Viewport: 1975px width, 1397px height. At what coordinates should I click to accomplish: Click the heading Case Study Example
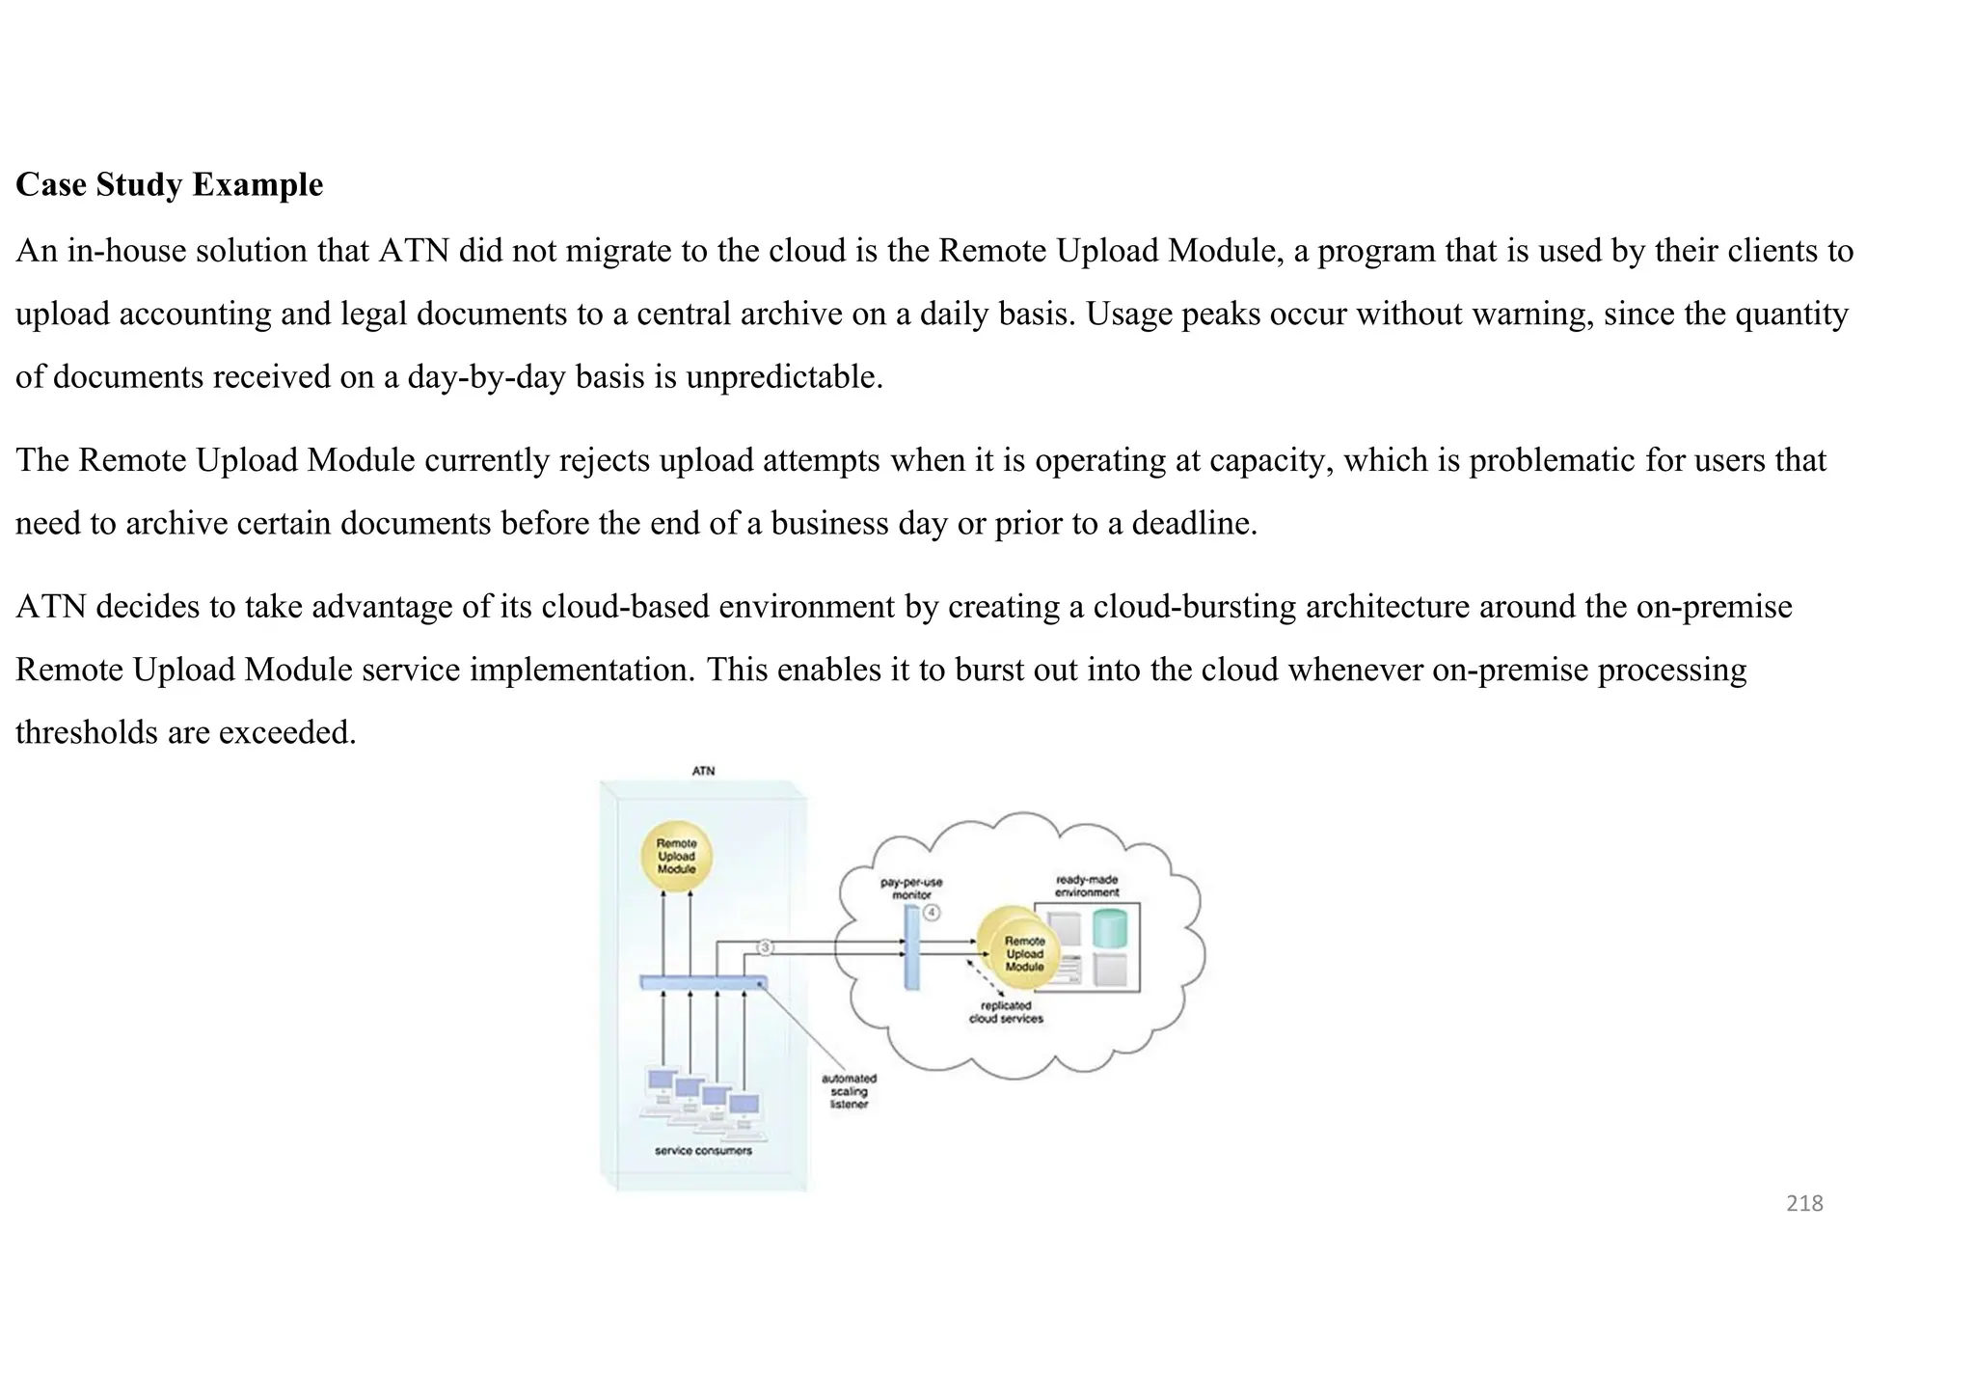tap(170, 184)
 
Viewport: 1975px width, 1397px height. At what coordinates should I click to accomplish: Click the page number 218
tap(1804, 1203)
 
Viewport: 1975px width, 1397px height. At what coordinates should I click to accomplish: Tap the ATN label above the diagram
tap(703, 771)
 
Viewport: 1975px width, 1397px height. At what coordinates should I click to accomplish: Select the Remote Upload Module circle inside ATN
tap(676, 856)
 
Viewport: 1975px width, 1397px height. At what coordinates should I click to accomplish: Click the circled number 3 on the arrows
tap(765, 947)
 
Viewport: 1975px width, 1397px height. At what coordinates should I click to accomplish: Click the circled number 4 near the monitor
tap(931, 912)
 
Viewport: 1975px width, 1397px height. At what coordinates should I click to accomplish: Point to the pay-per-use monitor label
tap(910, 888)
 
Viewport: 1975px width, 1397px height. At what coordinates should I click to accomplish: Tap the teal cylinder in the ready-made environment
tap(1110, 927)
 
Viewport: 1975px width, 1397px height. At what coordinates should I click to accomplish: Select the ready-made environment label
tap(1087, 886)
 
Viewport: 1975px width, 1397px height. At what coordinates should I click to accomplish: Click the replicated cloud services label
tap(1006, 1011)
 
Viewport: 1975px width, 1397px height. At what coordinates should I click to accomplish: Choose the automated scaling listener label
tap(849, 1091)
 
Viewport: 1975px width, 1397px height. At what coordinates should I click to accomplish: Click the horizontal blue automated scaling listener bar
tap(703, 982)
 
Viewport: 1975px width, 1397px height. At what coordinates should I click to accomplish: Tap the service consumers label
tap(703, 1150)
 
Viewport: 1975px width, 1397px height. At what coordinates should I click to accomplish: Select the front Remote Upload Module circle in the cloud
tap(1024, 954)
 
